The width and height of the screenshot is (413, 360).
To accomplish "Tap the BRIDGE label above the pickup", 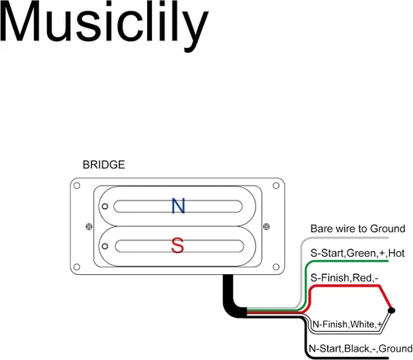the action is (104, 164).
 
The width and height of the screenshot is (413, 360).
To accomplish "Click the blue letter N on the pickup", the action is (178, 206).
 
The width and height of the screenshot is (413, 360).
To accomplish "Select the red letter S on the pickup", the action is (178, 245).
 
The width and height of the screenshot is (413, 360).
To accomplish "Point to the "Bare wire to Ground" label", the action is (358, 229).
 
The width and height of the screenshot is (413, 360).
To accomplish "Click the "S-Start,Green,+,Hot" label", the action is (358, 253).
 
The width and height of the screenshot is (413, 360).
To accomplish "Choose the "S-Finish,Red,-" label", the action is (344, 277).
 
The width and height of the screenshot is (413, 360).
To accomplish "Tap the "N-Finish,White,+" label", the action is (347, 324).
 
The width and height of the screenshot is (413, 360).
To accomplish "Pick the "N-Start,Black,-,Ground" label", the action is (361, 348).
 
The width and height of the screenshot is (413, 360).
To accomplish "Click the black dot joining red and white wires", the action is (392, 310).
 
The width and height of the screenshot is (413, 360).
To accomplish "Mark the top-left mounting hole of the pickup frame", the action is (77, 186).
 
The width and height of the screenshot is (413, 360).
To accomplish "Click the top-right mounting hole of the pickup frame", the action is (276, 186).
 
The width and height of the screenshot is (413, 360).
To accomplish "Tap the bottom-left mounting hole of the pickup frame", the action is (77, 267).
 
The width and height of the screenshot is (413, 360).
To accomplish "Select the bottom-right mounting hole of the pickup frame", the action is (276, 267).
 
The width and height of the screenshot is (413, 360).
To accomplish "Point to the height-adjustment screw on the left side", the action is (89, 226).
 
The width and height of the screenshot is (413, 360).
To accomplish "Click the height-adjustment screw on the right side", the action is (266, 226).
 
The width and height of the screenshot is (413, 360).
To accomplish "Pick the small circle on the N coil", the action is (105, 206).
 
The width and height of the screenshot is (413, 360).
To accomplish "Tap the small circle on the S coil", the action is (105, 246).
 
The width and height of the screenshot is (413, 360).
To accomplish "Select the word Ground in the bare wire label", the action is (387, 229).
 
